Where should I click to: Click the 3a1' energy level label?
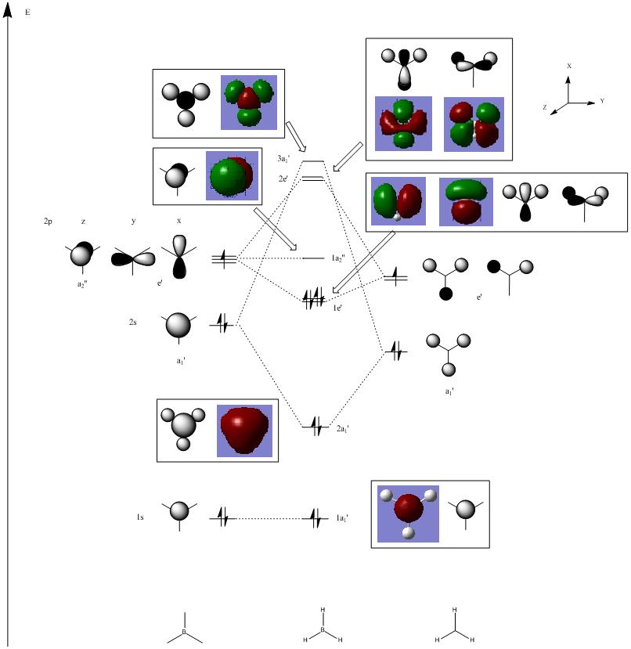283,159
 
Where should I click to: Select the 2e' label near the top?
283,178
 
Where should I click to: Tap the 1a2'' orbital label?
338,258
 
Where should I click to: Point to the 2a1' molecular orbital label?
343,429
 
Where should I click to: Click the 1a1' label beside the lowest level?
343,518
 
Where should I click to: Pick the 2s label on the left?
134,322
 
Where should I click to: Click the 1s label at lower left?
140,517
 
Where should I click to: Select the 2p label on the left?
48,222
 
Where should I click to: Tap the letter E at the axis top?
28,14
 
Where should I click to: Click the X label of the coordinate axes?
569,67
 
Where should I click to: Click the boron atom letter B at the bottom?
185,631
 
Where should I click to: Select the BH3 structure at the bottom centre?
322,626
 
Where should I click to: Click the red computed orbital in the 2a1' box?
244,431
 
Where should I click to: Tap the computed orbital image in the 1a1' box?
408,514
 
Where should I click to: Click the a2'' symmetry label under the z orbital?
82,284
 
